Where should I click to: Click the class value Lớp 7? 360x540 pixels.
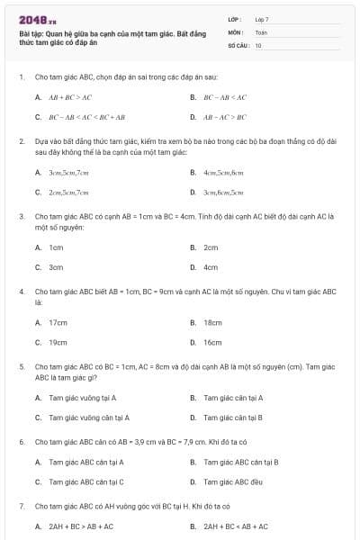coord(262,19)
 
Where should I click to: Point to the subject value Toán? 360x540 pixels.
coord(261,31)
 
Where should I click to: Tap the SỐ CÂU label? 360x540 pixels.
coord(237,45)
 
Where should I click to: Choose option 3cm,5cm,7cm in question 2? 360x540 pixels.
coord(68,171)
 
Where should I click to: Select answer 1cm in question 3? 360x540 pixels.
coord(56,247)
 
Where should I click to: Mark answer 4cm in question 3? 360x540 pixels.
coord(211,267)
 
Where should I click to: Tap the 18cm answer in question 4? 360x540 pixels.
coord(212,321)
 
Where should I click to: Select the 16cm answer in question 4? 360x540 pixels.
coord(212,342)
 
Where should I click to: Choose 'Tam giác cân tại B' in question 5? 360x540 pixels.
coord(233,418)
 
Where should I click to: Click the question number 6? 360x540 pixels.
coord(21,442)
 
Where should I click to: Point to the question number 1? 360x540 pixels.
coord(21,77)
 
